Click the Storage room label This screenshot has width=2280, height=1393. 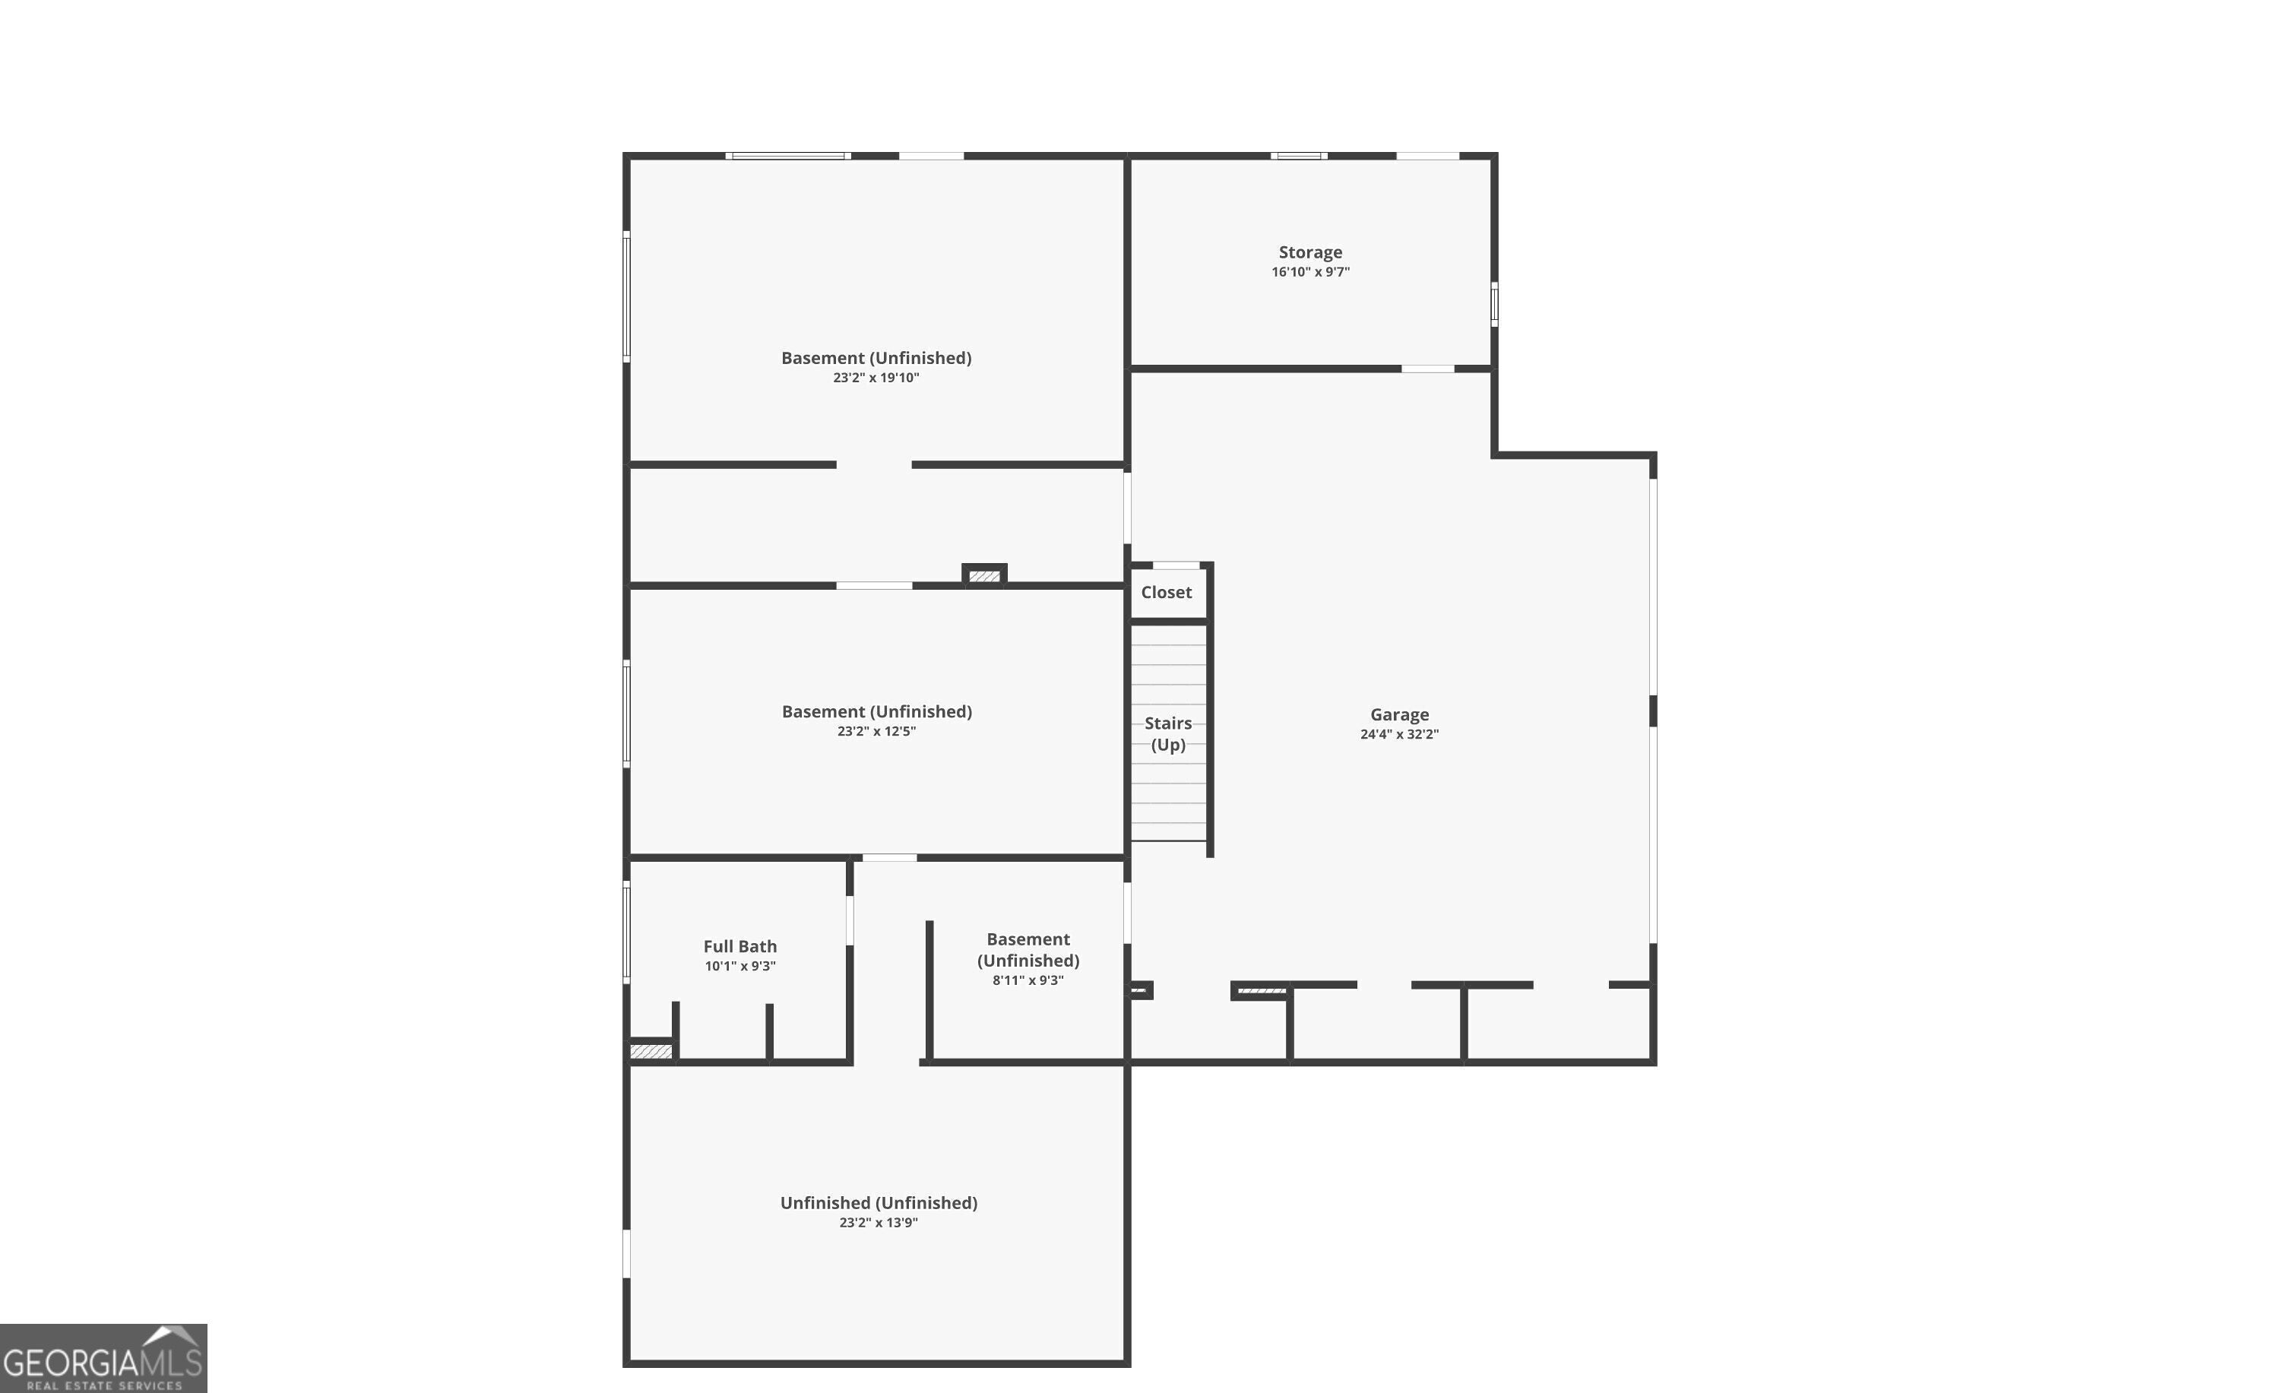(1309, 252)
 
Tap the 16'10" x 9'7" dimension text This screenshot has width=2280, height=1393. (1309, 272)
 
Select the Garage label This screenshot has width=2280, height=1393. (1399, 714)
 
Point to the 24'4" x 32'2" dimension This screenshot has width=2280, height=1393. (1399, 734)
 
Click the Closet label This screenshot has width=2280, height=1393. (1166, 592)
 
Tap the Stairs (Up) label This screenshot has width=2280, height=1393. (1168, 733)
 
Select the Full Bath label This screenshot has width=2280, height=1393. (739, 946)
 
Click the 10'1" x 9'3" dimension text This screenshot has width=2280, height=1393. (739, 967)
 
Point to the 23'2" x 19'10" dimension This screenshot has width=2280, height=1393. (876, 378)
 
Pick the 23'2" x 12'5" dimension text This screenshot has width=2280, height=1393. (876, 731)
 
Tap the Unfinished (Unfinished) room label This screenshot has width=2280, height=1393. (878, 1202)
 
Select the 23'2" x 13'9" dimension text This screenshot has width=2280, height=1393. (878, 1223)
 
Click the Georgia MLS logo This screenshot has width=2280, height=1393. (103, 1358)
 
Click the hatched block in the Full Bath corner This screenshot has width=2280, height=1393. (651, 1052)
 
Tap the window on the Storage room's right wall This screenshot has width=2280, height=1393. (1493, 303)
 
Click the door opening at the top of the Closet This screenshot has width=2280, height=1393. (1175, 565)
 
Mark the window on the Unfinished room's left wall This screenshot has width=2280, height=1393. (626, 1253)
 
